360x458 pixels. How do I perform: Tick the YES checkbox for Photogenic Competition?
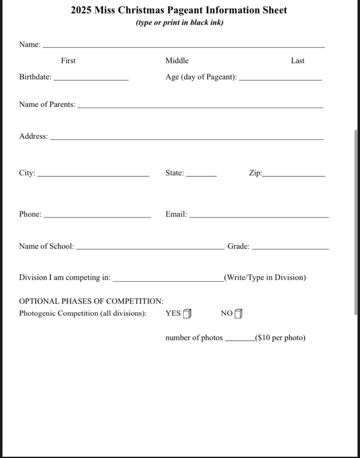point(187,314)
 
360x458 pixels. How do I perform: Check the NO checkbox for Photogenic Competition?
point(238,314)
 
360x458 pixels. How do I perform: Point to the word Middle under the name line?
point(177,61)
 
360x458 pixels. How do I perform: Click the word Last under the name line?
point(297,61)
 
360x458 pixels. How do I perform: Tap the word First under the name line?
point(68,61)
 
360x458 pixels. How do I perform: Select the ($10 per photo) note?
point(280,338)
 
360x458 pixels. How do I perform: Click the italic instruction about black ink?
point(179,23)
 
